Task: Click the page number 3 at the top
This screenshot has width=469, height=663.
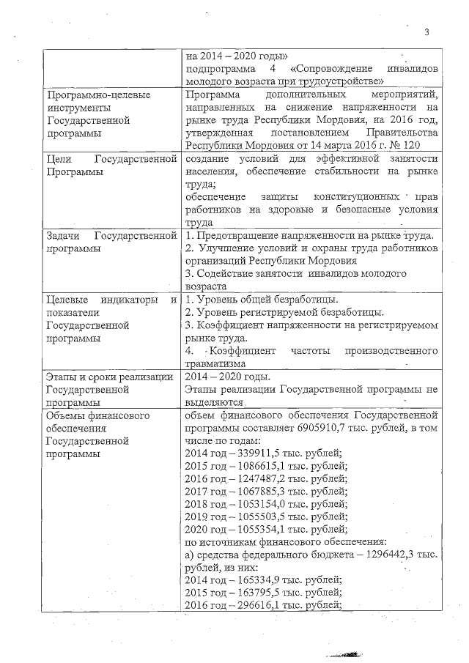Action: [x=426, y=32]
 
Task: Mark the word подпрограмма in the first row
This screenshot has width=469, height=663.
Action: [x=221, y=67]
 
